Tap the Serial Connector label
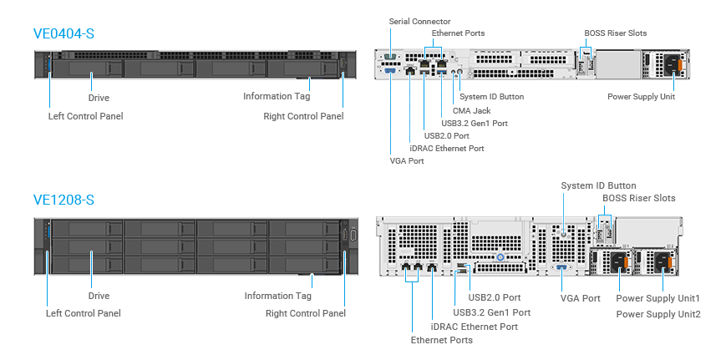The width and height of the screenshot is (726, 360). point(419,21)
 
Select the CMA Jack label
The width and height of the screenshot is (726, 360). point(471,110)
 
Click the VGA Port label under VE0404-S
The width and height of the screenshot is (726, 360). point(407,160)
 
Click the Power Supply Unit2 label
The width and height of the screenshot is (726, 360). point(657,314)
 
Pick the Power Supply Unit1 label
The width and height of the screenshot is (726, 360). point(657,298)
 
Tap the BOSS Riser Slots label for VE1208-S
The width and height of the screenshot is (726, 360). point(639,198)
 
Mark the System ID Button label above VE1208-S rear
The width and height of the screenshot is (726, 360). point(598,185)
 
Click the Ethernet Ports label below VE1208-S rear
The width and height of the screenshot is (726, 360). point(441,340)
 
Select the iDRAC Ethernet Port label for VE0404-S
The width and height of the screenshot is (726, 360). point(447,148)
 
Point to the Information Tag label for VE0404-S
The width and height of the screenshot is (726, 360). point(277,96)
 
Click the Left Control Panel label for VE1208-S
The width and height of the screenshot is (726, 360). point(83,313)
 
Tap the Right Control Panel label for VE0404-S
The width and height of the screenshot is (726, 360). point(303,116)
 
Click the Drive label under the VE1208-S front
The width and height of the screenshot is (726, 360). point(99,296)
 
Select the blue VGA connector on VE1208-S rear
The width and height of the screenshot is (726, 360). point(560,268)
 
